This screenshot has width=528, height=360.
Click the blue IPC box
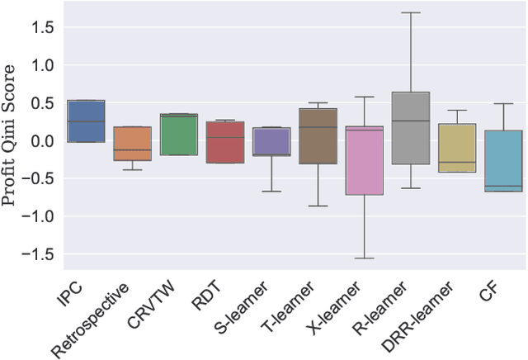tap(86, 121)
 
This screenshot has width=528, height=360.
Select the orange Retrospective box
tap(133, 144)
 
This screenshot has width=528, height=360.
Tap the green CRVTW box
tap(179, 135)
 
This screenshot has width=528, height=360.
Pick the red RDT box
tap(225, 142)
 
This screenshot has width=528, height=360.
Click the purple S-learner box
tap(271, 141)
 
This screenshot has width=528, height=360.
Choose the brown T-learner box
tap(318, 136)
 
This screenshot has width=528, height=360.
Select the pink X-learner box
tap(364, 161)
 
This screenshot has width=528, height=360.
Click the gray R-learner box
tap(410, 128)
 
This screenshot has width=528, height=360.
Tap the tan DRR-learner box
tap(456, 148)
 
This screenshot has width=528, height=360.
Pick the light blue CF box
tap(502, 161)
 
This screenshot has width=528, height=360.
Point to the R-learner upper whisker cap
tap(410, 12)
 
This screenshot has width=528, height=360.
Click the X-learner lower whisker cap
tap(364, 258)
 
